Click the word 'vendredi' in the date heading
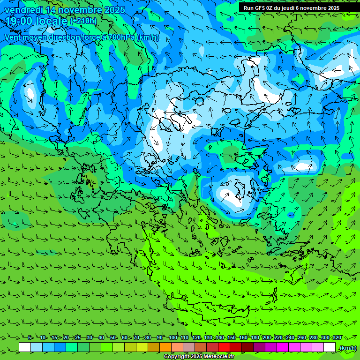pos(22,10)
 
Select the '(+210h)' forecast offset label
pos(83,21)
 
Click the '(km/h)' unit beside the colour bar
pos(348,347)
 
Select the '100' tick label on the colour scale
pos(172,337)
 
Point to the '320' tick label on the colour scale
pos(337,337)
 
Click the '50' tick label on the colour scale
pos(113,337)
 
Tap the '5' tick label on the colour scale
pos(30,337)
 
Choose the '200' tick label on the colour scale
pos(267,337)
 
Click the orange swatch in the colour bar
pos(165,347)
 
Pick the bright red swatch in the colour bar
pos(224,347)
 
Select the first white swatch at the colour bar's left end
pos(25,347)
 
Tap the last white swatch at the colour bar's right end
pos(330,347)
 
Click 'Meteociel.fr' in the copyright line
pos(218,357)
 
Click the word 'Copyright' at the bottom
pos(177,357)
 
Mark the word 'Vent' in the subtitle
pos(13,37)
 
